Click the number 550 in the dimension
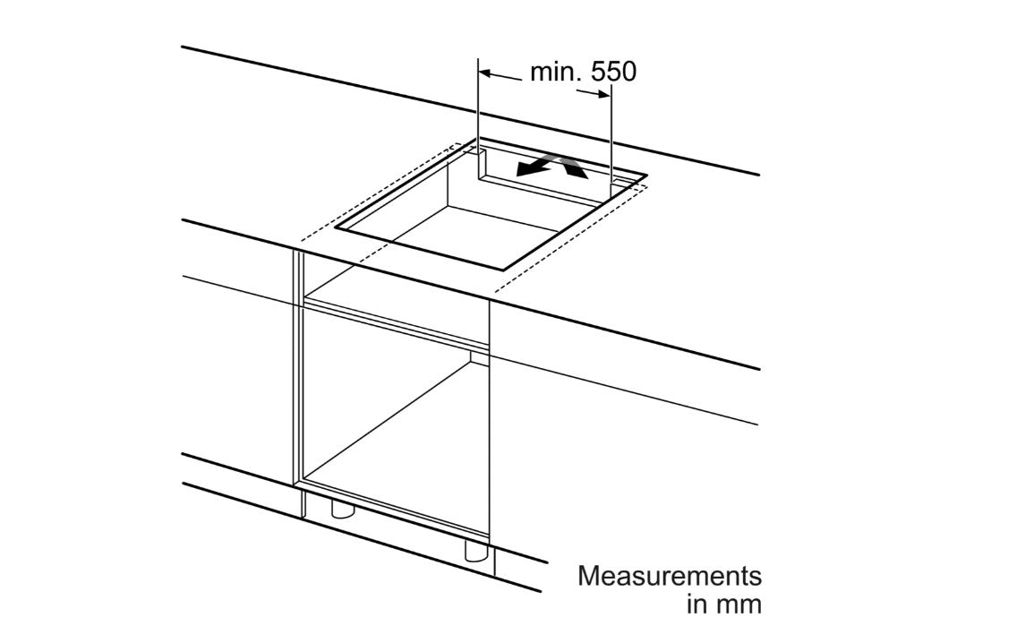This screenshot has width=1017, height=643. coord(613,72)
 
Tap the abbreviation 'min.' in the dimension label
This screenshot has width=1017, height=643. coord(555,72)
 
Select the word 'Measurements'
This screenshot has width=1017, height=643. coord(670,576)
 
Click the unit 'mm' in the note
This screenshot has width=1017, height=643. coord(737,604)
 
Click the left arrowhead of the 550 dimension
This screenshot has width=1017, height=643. coord(486,74)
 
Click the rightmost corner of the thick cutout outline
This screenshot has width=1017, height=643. coord(646,176)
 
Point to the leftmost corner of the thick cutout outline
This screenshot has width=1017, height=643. coord(336,227)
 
